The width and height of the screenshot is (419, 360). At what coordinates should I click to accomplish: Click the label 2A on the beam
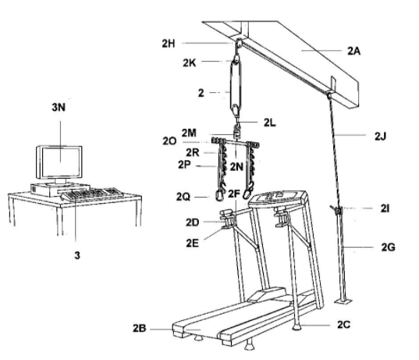(353, 51)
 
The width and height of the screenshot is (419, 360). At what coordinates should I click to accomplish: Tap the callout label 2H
(169, 43)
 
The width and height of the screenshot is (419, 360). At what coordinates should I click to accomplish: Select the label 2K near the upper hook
(189, 62)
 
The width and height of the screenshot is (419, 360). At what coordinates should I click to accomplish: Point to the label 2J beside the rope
(380, 137)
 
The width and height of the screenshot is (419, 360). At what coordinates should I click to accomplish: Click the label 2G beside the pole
(389, 248)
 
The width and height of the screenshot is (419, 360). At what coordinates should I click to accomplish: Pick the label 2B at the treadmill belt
(140, 328)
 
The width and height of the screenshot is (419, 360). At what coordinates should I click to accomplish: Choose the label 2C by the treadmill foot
(343, 324)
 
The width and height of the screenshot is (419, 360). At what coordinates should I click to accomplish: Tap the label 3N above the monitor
(59, 107)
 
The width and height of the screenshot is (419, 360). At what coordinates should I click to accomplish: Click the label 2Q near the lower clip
(183, 197)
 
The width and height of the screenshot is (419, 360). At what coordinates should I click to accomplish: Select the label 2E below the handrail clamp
(193, 243)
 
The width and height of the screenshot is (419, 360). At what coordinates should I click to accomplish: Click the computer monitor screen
(61, 162)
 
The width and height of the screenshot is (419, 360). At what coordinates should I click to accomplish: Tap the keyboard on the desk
(92, 194)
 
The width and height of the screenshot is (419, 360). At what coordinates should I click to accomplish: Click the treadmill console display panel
(278, 197)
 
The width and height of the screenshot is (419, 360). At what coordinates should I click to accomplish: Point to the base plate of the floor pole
(343, 301)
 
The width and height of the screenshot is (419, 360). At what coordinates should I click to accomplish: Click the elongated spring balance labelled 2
(236, 86)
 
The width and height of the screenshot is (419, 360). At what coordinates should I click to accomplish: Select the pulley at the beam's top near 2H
(240, 43)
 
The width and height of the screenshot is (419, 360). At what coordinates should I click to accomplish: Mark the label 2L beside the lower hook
(270, 123)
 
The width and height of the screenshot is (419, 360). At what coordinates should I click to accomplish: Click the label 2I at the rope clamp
(385, 209)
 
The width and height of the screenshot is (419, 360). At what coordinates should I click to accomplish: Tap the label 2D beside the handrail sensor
(193, 223)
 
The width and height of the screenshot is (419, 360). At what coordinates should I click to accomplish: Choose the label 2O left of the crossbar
(169, 141)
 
